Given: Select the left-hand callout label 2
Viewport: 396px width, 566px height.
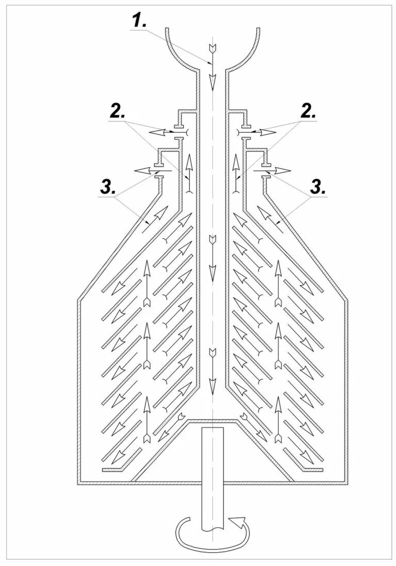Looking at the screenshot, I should pyautogui.click(x=116, y=113).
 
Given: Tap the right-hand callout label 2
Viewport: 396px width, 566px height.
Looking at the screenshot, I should pyautogui.click(x=307, y=112).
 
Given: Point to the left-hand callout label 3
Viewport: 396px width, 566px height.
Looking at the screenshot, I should pyautogui.click(x=107, y=188).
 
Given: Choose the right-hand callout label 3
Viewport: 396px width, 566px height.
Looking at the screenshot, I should pyautogui.click(x=317, y=188).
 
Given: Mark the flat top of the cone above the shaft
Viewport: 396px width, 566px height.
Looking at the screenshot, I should pyautogui.click(x=212, y=421).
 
